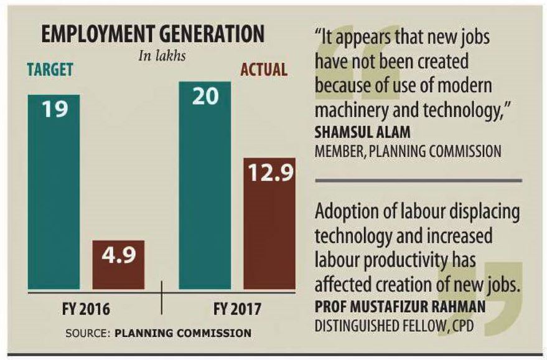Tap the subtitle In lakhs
point(161,55)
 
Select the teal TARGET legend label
point(50,70)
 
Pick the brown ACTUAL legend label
point(264,69)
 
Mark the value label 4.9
point(118,256)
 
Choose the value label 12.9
point(269,174)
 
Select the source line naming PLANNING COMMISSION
point(158,333)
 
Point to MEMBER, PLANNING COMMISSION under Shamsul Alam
point(407,151)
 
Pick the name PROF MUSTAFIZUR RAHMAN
point(400,307)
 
